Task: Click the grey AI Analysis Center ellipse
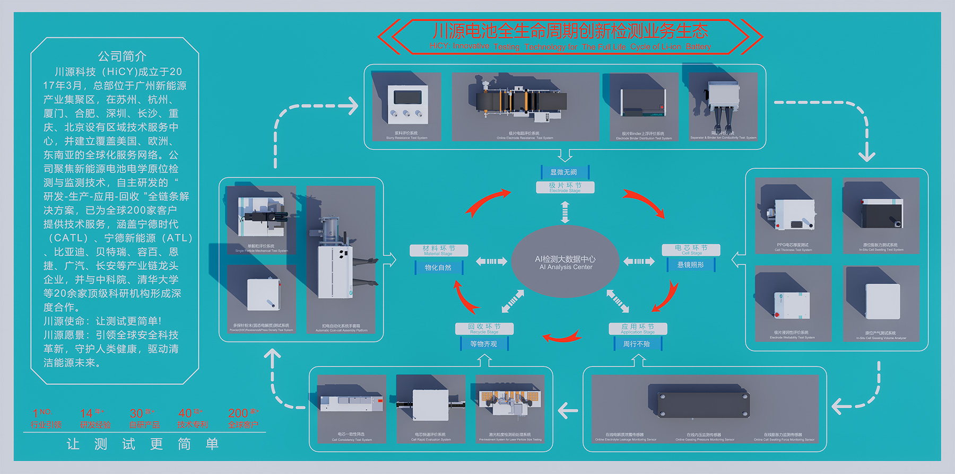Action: pos(565,262)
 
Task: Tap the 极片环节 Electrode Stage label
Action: pos(565,187)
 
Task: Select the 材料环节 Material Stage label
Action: pos(439,250)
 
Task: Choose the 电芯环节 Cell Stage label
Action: pos(691,250)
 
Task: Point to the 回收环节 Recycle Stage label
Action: pos(484,329)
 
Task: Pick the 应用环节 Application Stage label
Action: pos(638,329)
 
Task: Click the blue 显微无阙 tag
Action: pos(565,172)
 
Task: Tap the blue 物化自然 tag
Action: pos(438,268)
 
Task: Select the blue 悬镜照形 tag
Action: pos(691,265)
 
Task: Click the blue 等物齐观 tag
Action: pos(484,344)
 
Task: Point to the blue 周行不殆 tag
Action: pos(637,344)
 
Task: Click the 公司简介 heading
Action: pos(121,56)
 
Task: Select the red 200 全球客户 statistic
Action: pos(243,418)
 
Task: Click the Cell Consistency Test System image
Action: pos(352,405)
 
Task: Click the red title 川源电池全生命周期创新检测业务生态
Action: pos(570,31)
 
